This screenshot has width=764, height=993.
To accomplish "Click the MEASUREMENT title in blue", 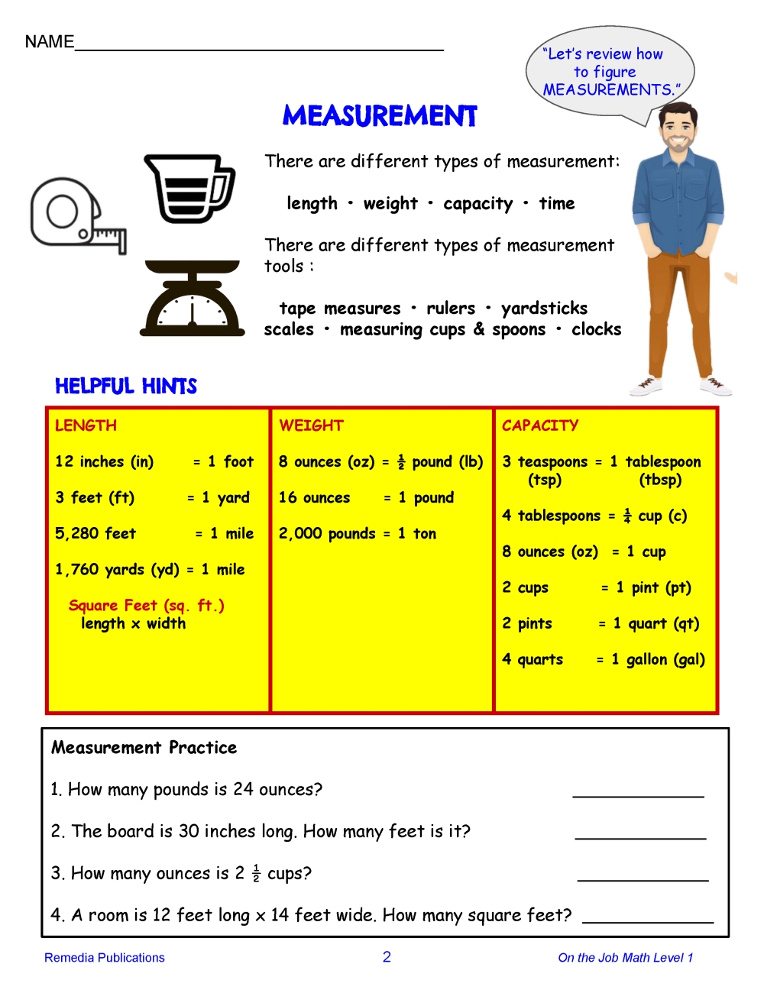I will [x=380, y=116].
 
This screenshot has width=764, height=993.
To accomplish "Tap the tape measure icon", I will [x=76, y=216].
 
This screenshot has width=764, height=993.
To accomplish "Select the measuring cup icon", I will [x=189, y=188].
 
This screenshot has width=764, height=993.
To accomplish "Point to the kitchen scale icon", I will [x=193, y=299].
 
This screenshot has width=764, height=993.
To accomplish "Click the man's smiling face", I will [x=677, y=131].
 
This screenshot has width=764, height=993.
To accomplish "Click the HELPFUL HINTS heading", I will [x=126, y=387].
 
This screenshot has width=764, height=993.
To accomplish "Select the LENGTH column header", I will [x=86, y=425].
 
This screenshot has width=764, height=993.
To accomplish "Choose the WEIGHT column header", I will [x=311, y=425].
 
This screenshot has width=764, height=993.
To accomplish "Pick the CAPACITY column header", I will [x=540, y=425].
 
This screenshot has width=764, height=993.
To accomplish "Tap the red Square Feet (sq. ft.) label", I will [x=147, y=606].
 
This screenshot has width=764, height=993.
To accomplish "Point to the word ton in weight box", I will [x=425, y=533].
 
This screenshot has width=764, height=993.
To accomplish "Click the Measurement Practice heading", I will [x=144, y=747].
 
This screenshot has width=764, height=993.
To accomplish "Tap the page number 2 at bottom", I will [x=387, y=957].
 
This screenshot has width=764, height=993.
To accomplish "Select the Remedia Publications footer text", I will [x=105, y=958].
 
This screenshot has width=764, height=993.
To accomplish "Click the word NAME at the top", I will [x=50, y=42].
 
